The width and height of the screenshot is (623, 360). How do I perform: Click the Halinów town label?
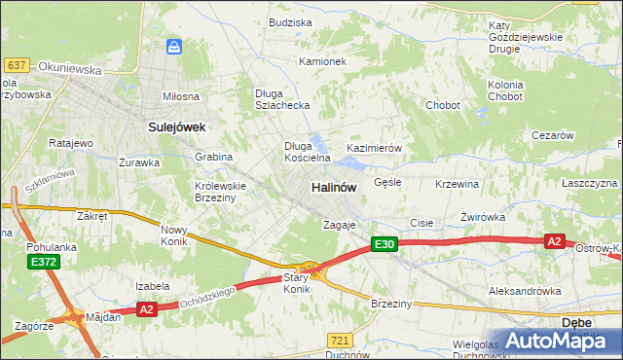tap(333, 186)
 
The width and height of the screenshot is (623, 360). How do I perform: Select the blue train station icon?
tap(174, 46)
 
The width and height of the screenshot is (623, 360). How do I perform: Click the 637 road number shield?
tap(15, 65)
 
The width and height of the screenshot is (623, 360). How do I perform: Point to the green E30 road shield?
tap(384, 245)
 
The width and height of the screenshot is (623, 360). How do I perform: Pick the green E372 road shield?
tap(43, 263)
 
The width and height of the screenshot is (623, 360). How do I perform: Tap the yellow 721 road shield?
tap(339, 340)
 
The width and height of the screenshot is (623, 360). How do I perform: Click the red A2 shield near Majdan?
tap(147, 308)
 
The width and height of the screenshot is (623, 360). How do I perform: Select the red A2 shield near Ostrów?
tap(554, 241)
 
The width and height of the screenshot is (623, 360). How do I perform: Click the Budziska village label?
tap(289, 21)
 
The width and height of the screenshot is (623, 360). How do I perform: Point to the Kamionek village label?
tap(322, 61)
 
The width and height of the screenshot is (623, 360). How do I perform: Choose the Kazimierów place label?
tap(375, 148)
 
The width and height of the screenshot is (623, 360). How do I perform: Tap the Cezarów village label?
tap(553, 136)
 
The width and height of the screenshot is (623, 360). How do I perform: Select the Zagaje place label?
tap(341, 225)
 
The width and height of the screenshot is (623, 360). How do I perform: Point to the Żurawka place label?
tap(138, 162)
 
